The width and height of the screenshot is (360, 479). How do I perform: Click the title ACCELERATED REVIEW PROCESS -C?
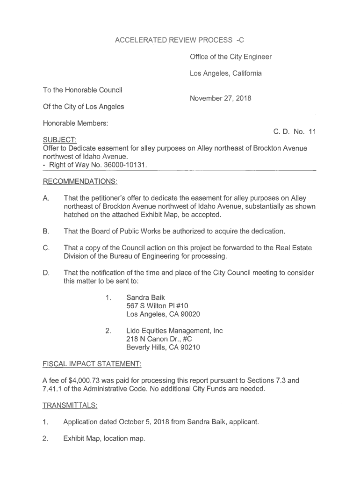(180, 40)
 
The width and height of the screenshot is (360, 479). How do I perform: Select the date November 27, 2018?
(220, 98)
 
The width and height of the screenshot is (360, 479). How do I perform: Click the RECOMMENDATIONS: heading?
(80, 181)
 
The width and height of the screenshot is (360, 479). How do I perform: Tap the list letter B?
(46, 231)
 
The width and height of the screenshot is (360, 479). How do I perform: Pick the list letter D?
(46, 273)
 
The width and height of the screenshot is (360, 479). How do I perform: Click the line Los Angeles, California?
(225, 73)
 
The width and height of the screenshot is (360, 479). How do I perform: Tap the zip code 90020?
(189, 314)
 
